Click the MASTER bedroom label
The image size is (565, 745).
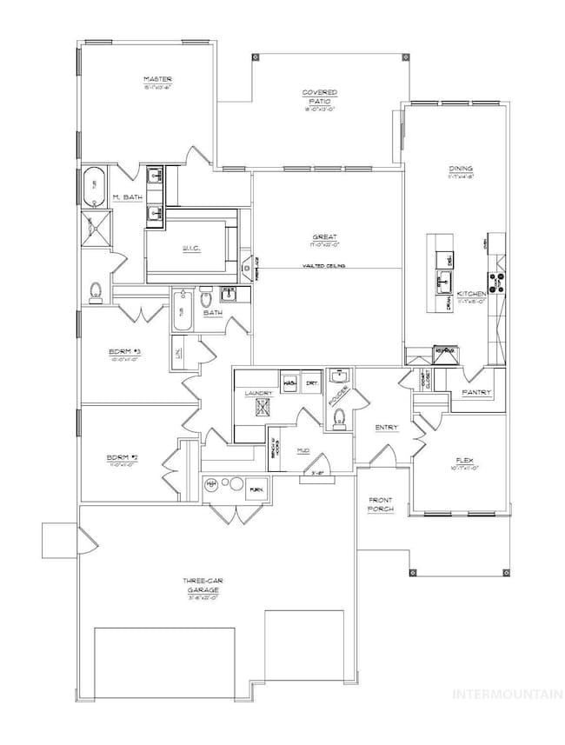point(157,80)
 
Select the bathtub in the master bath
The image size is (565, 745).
point(96,185)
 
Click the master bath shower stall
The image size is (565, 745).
point(92,228)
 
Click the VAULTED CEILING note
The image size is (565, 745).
point(326,265)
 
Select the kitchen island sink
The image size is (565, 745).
point(442,280)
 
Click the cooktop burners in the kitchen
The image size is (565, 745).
point(498,282)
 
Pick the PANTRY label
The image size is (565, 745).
point(477,392)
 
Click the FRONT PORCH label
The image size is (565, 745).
point(380,504)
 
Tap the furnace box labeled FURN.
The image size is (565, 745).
point(256,489)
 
